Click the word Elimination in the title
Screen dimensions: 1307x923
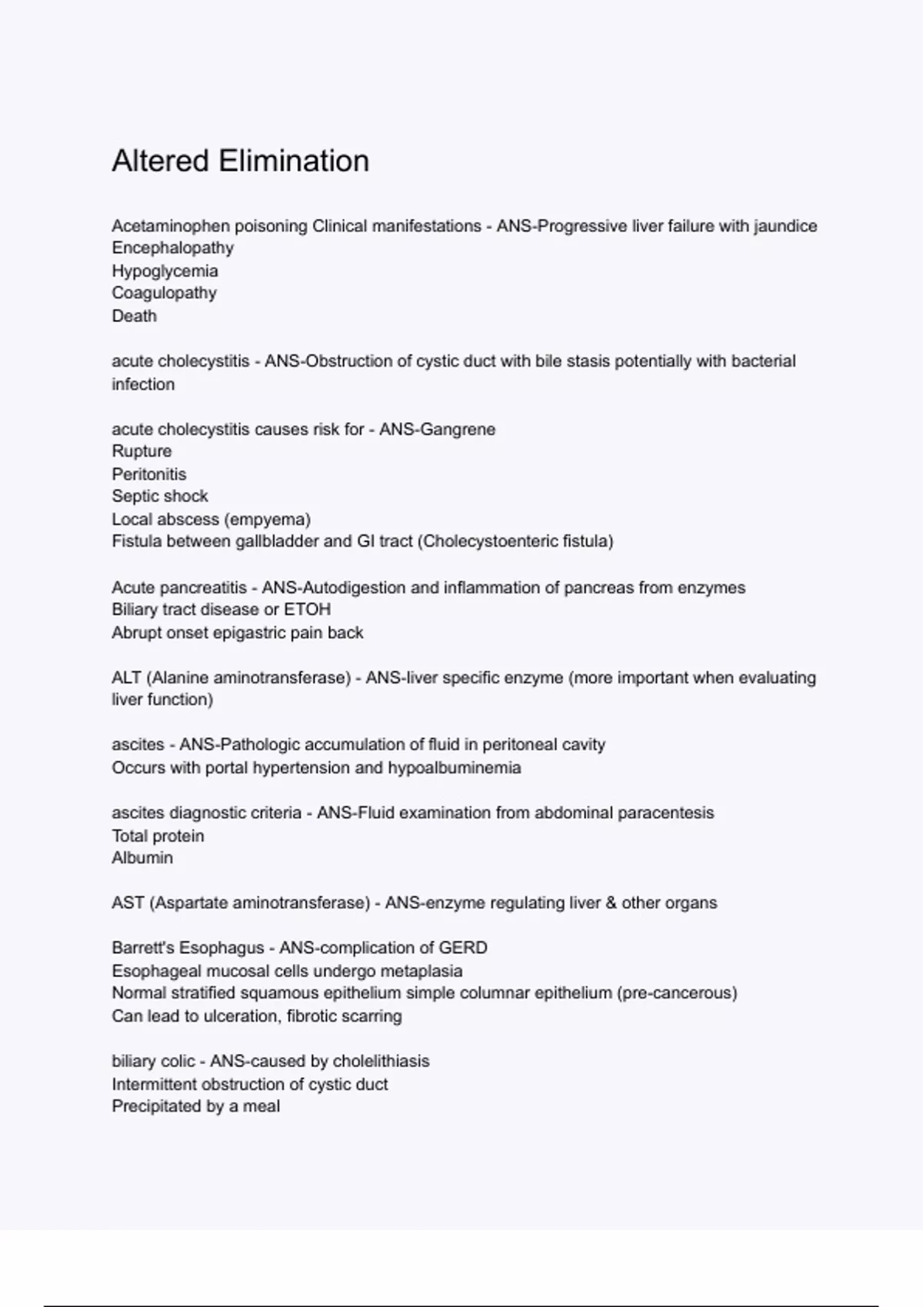[x=294, y=161]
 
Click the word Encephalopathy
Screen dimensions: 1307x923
[x=172, y=248]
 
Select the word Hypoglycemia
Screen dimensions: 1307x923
[x=165, y=271]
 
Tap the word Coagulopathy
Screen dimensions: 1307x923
[x=164, y=293]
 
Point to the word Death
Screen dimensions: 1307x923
[x=134, y=316]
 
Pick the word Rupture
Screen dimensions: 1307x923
[x=142, y=451]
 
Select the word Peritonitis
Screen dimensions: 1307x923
[x=148, y=474]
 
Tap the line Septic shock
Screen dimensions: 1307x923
[x=159, y=497]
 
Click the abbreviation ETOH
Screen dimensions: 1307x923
[x=307, y=610]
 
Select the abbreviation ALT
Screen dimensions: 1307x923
[x=126, y=678]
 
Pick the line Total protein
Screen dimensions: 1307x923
[x=158, y=836]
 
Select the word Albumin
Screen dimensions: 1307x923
[x=142, y=858]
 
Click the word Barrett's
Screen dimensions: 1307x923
[x=142, y=948]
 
